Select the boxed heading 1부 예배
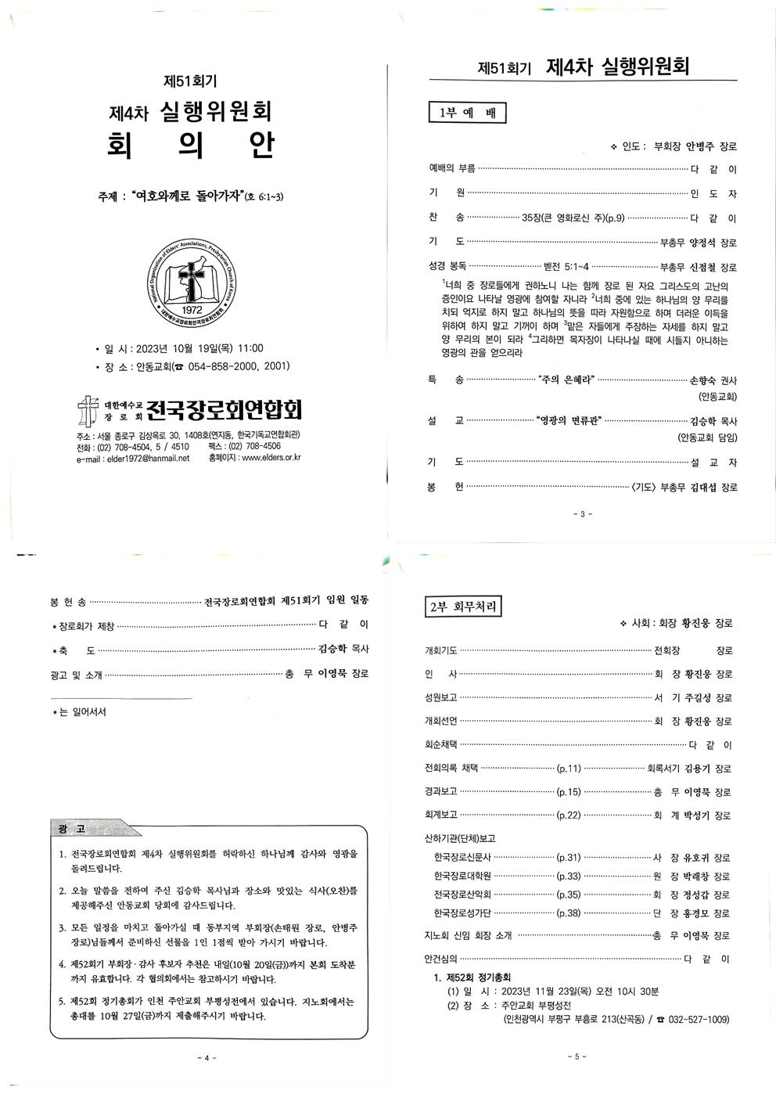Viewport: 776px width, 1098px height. [x=468, y=113]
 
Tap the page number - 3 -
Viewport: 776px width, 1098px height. [x=583, y=514]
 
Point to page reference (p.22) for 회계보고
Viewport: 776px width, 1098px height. [x=568, y=815]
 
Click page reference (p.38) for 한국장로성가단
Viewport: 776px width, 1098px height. [x=568, y=913]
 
